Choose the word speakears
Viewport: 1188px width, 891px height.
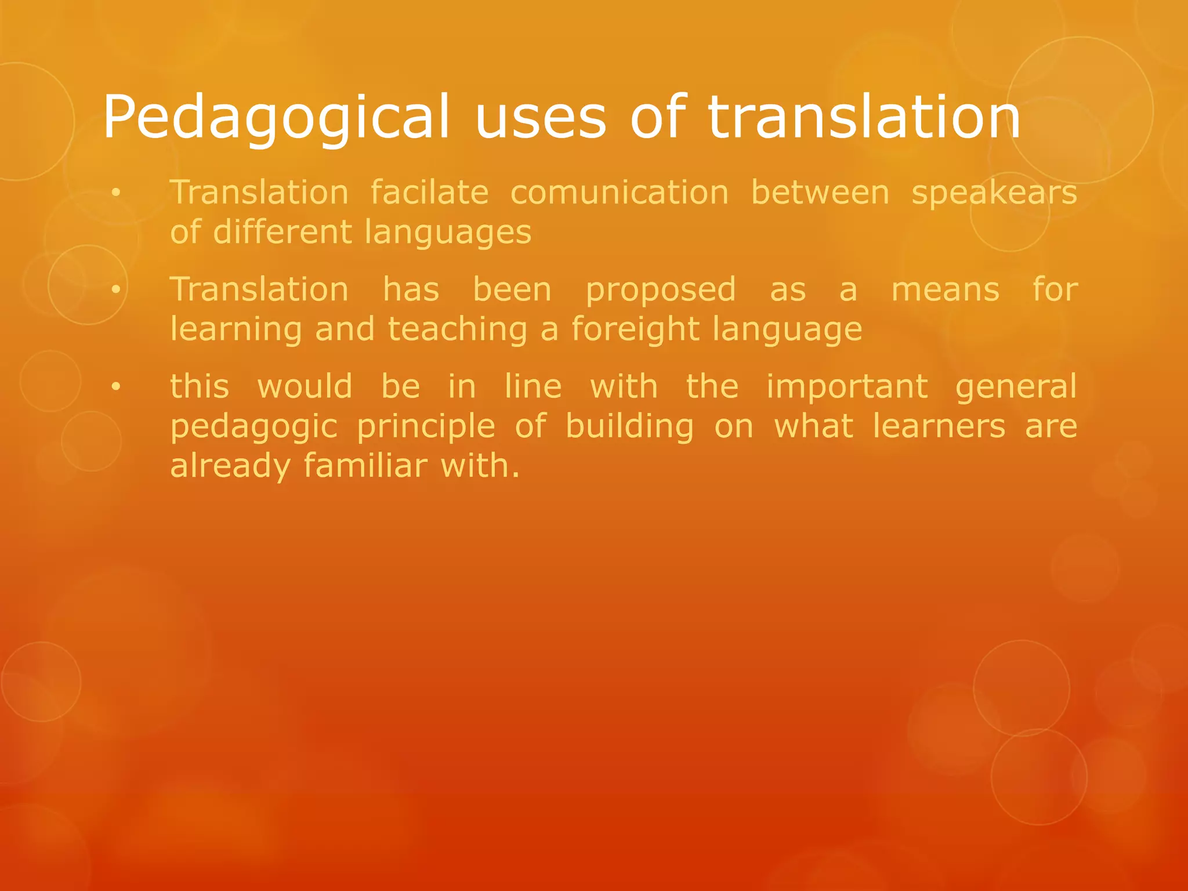click(x=994, y=193)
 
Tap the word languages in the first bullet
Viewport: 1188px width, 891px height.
click(x=448, y=233)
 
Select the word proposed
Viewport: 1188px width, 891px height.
click(x=661, y=290)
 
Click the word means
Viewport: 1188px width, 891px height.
click(x=945, y=290)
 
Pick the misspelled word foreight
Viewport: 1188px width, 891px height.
click(x=635, y=329)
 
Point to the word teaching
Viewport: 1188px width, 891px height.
click(x=458, y=329)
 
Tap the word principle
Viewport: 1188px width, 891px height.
click(x=426, y=427)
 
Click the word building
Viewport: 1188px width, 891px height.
click(x=629, y=427)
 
